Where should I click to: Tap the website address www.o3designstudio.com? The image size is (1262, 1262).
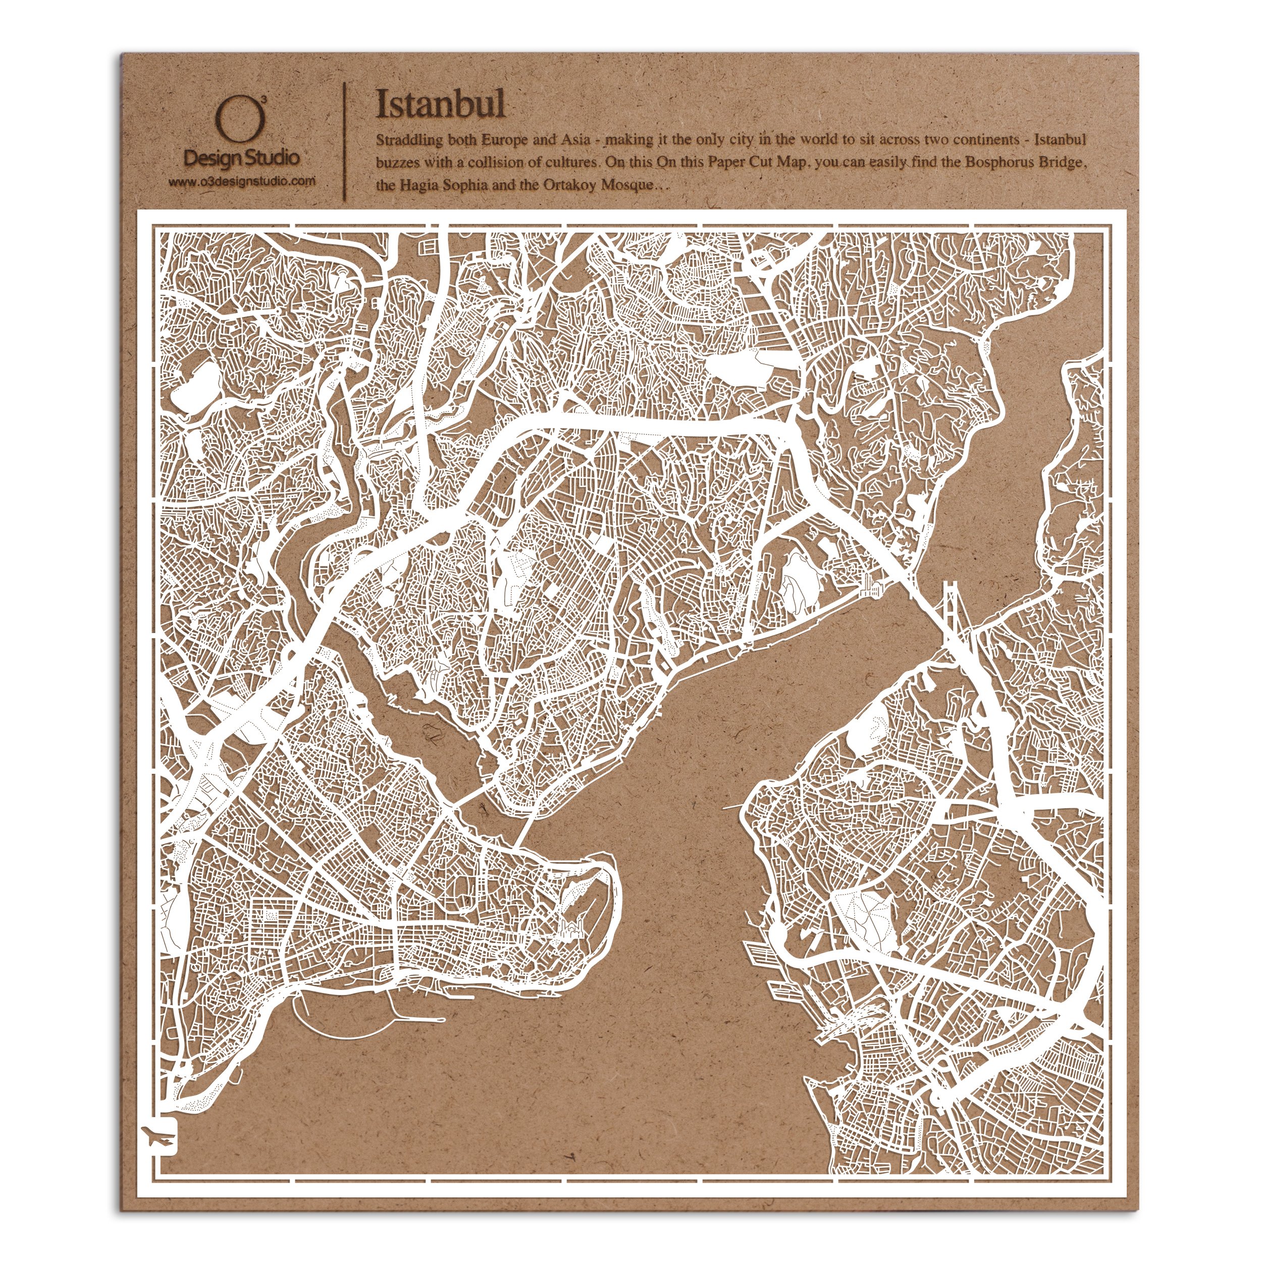(x=242, y=182)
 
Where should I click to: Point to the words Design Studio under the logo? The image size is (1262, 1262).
(x=242, y=157)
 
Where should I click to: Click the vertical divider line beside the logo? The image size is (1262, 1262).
(x=344, y=140)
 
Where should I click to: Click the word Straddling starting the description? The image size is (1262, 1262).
(x=409, y=140)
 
